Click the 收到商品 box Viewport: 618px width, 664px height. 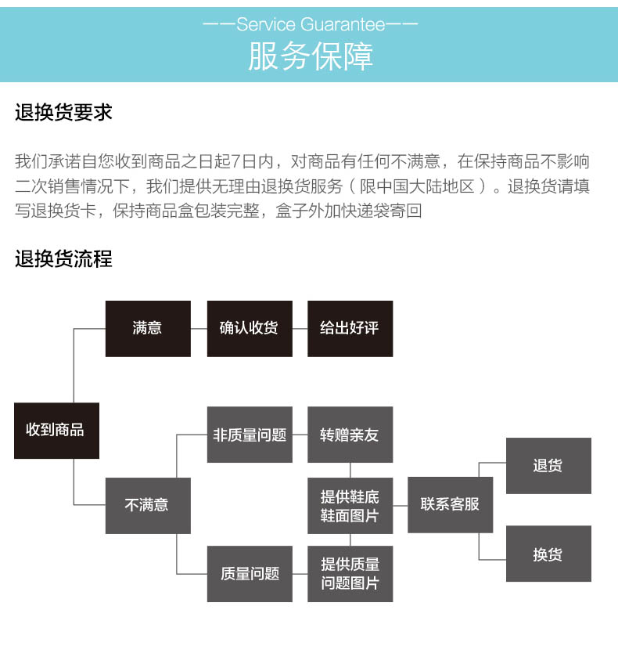click(56, 430)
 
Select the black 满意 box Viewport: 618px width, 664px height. click(148, 329)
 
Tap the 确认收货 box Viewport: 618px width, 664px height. click(250, 329)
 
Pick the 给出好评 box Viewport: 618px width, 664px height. click(350, 329)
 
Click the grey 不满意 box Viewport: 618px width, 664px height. click(148, 506)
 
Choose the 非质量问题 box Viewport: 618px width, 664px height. click(250, 435)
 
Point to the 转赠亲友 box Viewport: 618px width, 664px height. click(350, 435)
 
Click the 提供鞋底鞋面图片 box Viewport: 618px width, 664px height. click(350, 506)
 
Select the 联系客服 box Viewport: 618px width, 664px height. click(450, 505)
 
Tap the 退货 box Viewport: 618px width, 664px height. click(548, 466)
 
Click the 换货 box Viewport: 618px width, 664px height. click(548, 554)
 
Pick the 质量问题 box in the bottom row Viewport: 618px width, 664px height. click(250, 574)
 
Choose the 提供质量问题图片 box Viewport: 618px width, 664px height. click(350, 574)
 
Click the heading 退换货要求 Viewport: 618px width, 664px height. click(63, 112)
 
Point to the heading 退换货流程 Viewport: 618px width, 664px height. click(63, 258)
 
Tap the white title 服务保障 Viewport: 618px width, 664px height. click(311, 56)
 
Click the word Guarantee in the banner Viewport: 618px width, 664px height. click(343, 24)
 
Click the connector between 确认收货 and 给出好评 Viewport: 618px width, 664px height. click(300, 329)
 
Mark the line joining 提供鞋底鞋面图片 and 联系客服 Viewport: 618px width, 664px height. click(401, 506)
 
